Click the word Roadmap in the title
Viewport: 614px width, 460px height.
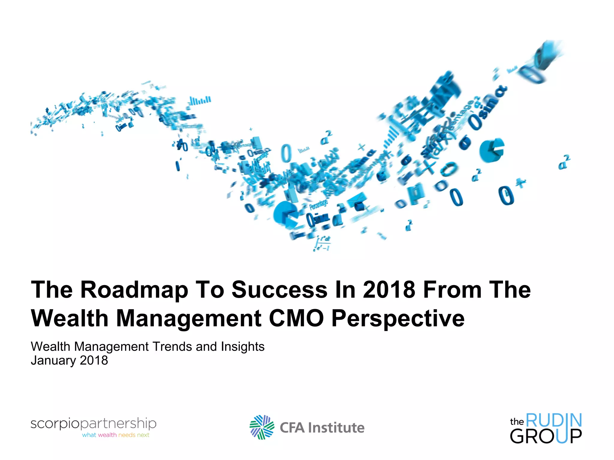point(134,290)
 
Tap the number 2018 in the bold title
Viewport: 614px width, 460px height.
point(389,290)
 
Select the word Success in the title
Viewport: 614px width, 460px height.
point(279,290)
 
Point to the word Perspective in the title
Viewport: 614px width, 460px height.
point(398,319)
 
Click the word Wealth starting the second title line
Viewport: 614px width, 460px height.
point(70,318)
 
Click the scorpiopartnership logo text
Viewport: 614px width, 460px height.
point(93,423)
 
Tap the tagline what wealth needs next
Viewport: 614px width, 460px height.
point(116,435)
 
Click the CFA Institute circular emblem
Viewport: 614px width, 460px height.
point(262,427)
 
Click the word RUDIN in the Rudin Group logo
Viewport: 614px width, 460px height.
point(553,420)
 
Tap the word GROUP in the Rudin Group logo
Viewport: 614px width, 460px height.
point(546,436)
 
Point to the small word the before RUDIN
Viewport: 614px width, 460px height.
point(517,422)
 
